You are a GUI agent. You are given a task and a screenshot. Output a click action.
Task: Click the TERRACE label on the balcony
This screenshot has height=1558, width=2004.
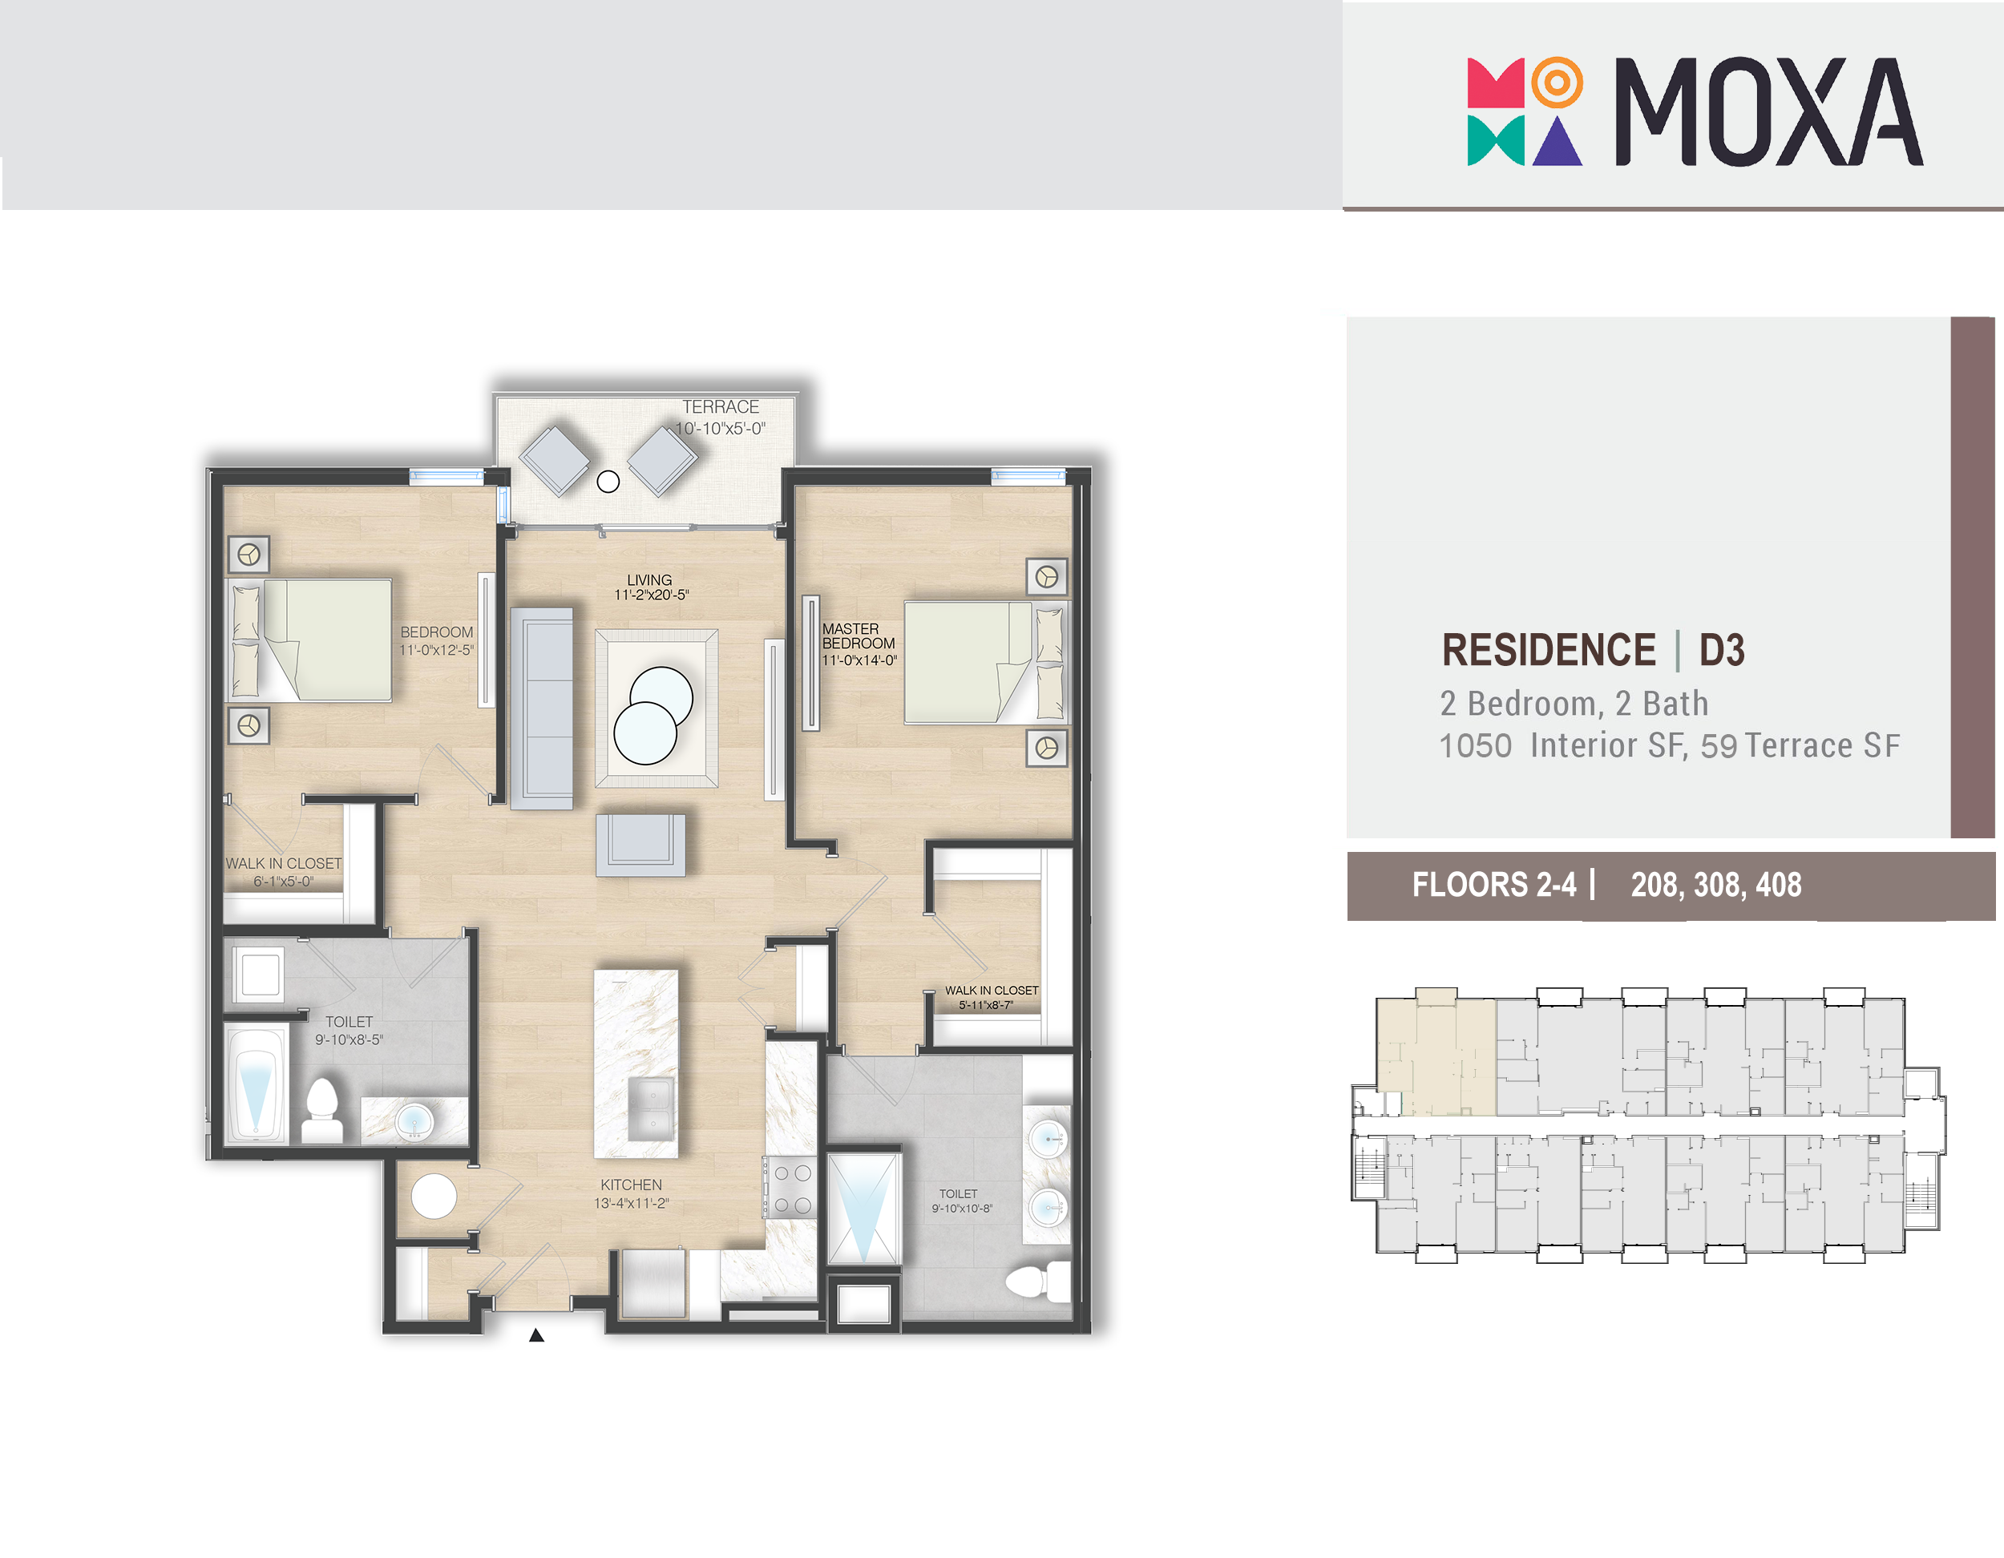tap(721, 406)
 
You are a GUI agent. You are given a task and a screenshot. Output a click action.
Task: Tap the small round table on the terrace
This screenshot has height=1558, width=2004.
tap(608, 481)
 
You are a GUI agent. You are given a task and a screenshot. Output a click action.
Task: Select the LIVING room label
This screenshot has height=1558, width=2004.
tap(649, 580)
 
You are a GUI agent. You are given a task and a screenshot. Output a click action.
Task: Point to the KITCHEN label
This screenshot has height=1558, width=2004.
tap(632, 1185)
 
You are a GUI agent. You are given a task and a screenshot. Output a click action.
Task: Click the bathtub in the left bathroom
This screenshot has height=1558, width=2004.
tap(256, 1084)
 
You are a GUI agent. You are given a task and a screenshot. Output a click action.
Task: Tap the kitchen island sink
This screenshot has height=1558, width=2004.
tap(652, 1108)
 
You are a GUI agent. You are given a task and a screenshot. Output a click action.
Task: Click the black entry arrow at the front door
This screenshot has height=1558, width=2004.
tap(537, 1335)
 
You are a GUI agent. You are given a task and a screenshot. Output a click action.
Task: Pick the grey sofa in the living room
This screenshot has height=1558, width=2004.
tap(541, 708)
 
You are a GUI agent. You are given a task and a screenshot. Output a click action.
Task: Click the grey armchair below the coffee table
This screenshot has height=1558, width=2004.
tap(640, 845)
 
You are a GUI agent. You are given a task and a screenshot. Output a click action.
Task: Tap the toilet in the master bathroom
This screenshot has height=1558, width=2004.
tap(1039, 1281)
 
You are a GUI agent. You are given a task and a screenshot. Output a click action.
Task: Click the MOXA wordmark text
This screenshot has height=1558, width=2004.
tap(1768, 112)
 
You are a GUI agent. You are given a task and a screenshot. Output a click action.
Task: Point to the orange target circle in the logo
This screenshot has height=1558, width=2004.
tap(1558, 83)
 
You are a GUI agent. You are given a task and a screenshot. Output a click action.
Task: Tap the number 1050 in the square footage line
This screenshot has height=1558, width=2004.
tap(1476, 746)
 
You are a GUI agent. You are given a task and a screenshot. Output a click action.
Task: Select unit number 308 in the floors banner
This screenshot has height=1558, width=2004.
tap(1718, 886)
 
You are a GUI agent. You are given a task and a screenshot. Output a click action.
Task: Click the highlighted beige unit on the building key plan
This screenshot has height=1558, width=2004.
tap(1436, 1055)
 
